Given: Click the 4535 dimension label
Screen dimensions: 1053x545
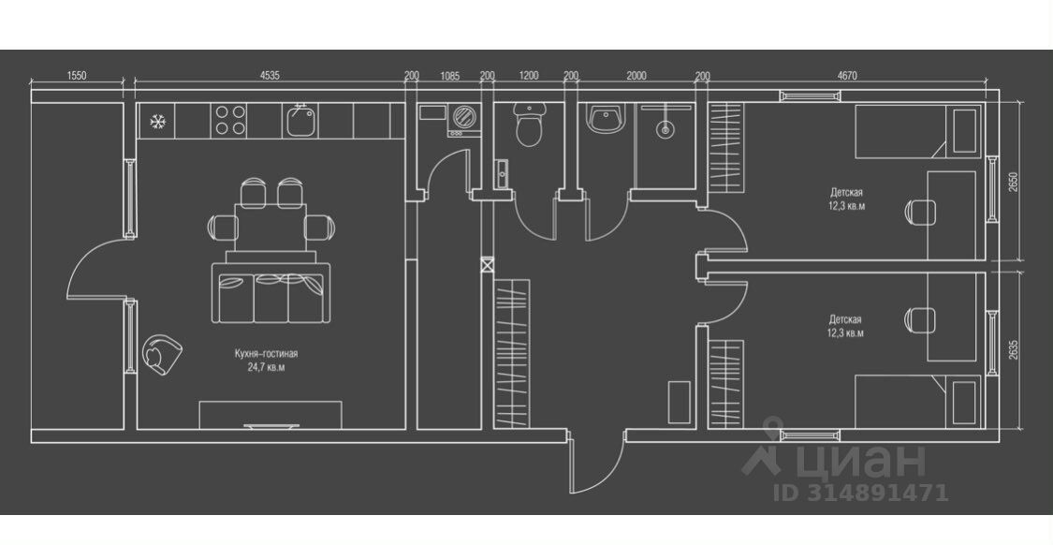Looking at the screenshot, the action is pos(270,76).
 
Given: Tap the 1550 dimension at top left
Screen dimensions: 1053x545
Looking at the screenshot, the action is pos(77,76).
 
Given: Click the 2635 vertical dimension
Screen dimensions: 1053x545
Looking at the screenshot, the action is pos(1013,348).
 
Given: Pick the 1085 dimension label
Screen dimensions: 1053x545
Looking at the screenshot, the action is pos(449,76).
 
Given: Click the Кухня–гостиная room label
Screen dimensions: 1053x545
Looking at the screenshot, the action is pos(267,354).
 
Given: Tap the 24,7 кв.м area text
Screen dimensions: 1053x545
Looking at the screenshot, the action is pos(267,367).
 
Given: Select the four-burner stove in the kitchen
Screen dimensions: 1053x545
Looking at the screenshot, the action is pos(231,120).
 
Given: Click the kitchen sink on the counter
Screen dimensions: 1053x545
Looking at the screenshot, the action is pos(300,121).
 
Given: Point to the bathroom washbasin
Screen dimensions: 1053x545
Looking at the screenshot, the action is pos(604,119).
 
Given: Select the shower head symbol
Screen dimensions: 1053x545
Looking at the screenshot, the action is pos(665,129).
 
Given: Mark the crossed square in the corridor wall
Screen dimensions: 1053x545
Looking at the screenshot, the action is pos(487,265).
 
